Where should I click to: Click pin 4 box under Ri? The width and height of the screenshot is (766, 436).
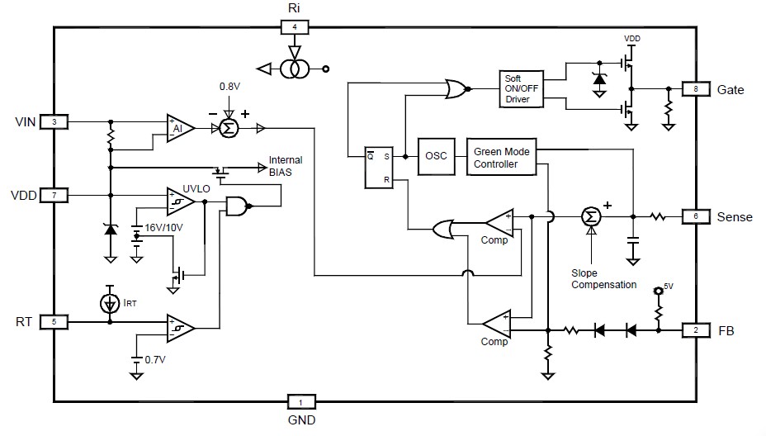(x=295, y=27)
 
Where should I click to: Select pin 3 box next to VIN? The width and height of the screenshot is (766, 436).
(x=54, y=122)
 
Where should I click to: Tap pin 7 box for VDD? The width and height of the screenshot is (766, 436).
(x=54, y=196)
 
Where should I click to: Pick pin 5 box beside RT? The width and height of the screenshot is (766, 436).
(x=54, y=321)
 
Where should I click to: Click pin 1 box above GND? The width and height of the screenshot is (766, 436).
(x=301, y=402)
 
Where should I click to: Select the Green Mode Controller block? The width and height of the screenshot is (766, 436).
(x=501, y=157)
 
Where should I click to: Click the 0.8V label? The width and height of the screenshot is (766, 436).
(x=229, y=86)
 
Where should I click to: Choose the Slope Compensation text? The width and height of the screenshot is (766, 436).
(x=603, y=278)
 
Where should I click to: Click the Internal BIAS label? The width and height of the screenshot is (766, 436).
(x=286, y=165)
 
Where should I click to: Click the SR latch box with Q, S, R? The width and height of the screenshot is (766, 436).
(x=377, y=166)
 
